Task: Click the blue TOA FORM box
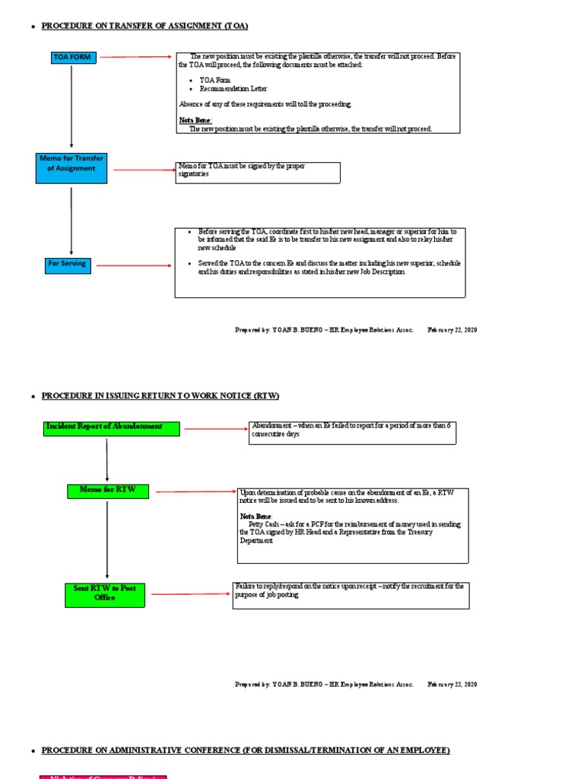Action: tap(71, 57)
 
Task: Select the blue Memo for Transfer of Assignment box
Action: tap(71, 167)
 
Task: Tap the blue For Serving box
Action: tap(67, 265)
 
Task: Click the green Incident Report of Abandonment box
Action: tap(111, 428)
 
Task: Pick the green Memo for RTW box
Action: tap(107, 491)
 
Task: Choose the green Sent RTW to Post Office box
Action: tap(104, 594)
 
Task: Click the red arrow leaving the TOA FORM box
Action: tap(137, 57)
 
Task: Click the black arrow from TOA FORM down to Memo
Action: tap(71, 107)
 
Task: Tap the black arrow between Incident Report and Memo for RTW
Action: tap(107, 459)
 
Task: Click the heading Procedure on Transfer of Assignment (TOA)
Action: tap(144, 26)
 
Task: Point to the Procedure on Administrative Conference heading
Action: tap(245, 751)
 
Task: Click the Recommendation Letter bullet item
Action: tap(224, 88)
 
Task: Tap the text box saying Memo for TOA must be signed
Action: tap(258, 172)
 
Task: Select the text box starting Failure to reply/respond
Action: tap(351, 595)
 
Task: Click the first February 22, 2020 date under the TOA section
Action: tap(452, 330)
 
